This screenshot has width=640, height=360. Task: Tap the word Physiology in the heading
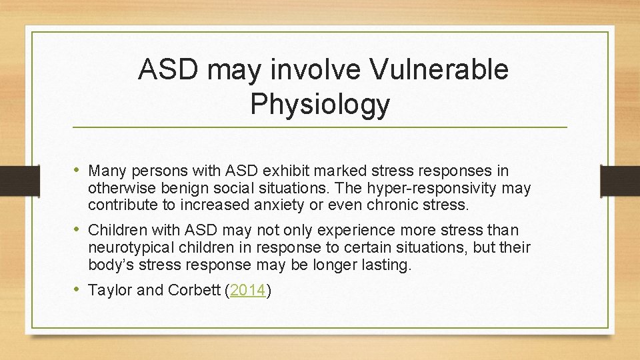pyautogui.click(x=320, y=104)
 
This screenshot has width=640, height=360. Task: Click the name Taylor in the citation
pyautogui.click(x=109, y=290)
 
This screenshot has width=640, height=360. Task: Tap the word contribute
pyautogui.click(x=121, y=206)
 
